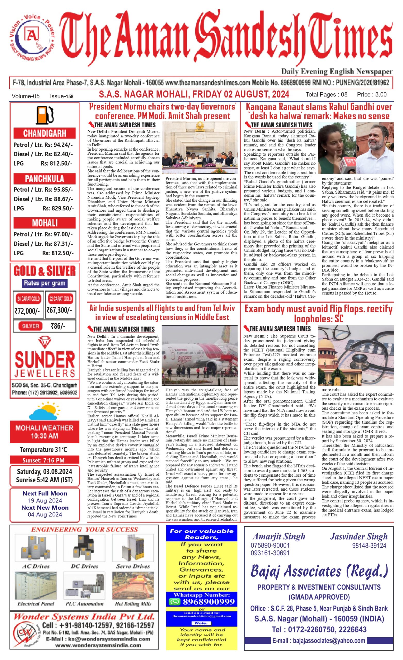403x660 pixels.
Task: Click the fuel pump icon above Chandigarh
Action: click(x=45, y=115)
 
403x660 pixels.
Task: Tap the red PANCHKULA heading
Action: click(x=45, y=179)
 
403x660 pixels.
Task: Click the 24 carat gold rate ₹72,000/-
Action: click(x=27, y=311)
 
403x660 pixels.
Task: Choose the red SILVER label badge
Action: click(x=30, y=326)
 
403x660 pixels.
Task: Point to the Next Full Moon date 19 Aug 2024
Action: click(x=45, y=500)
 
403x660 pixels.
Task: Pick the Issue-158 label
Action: click(x=62, y=96)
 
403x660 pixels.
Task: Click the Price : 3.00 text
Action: click(x=372, y=95)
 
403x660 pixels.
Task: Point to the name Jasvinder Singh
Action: click(x=358, y=536)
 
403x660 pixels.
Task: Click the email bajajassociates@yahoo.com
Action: click(x=319, y=640)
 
